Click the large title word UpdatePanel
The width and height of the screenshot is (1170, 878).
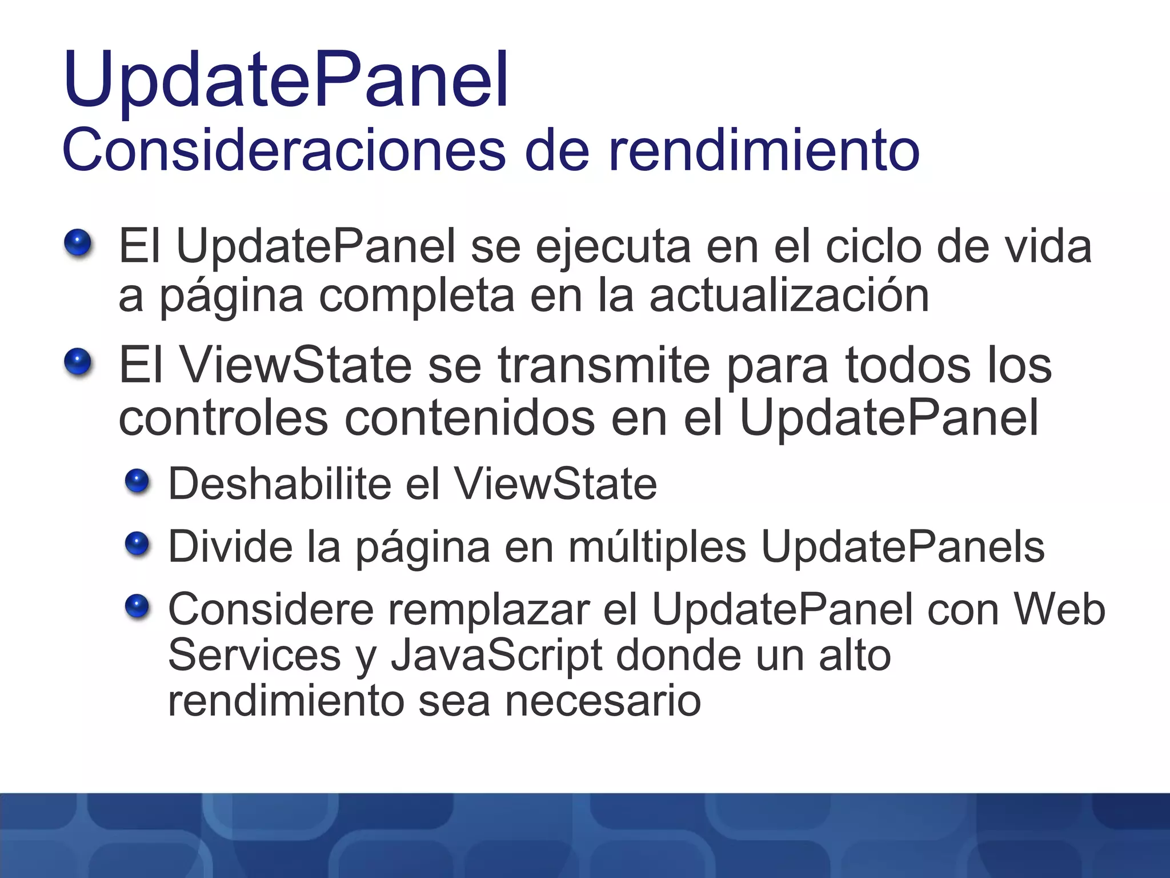286,80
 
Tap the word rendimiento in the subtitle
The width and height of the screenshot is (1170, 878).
764,150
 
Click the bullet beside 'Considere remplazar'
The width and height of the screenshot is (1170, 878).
137,606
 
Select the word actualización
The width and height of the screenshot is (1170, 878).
789,296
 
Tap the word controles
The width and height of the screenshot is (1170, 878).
223,418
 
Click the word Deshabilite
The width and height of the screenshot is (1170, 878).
279,484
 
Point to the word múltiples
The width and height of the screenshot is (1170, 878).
657,547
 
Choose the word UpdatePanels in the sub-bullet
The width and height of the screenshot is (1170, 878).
903,547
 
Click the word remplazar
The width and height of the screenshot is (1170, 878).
489,609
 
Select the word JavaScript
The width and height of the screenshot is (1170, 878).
496,655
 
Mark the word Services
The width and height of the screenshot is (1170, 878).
254,655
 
